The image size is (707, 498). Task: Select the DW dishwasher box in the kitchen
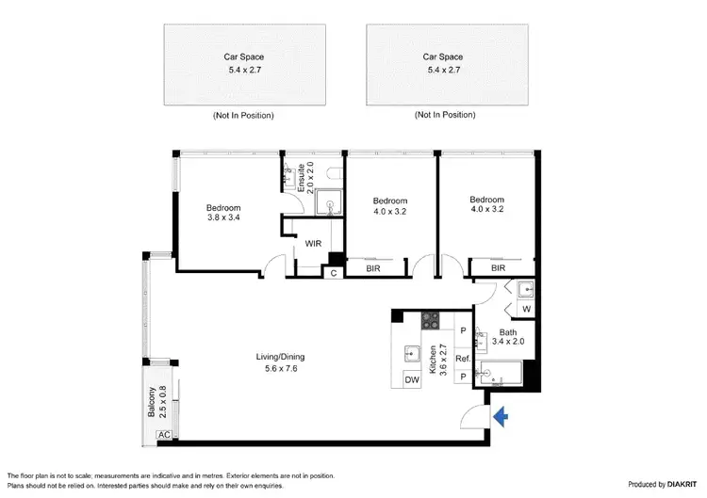[411, 379]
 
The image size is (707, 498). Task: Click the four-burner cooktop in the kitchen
[432, 320]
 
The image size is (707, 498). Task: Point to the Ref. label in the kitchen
[463, 358]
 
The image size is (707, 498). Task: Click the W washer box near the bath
[525, 308]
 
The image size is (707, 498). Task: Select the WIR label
[314, 244]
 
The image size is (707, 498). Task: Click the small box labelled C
[334, 273]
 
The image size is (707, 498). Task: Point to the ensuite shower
[330, 200]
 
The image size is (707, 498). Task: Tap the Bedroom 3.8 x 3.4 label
[223, 213]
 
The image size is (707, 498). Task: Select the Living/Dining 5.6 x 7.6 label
[280, 362]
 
